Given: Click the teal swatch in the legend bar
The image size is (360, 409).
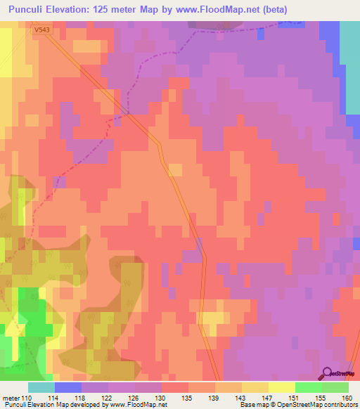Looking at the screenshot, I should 41,387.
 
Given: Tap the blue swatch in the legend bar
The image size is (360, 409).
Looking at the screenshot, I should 68,387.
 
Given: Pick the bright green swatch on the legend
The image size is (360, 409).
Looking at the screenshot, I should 309,387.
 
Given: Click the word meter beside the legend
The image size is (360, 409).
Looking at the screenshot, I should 11,398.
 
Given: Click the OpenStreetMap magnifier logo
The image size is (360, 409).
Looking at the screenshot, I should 326,373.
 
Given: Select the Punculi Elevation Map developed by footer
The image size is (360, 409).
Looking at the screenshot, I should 84,405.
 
